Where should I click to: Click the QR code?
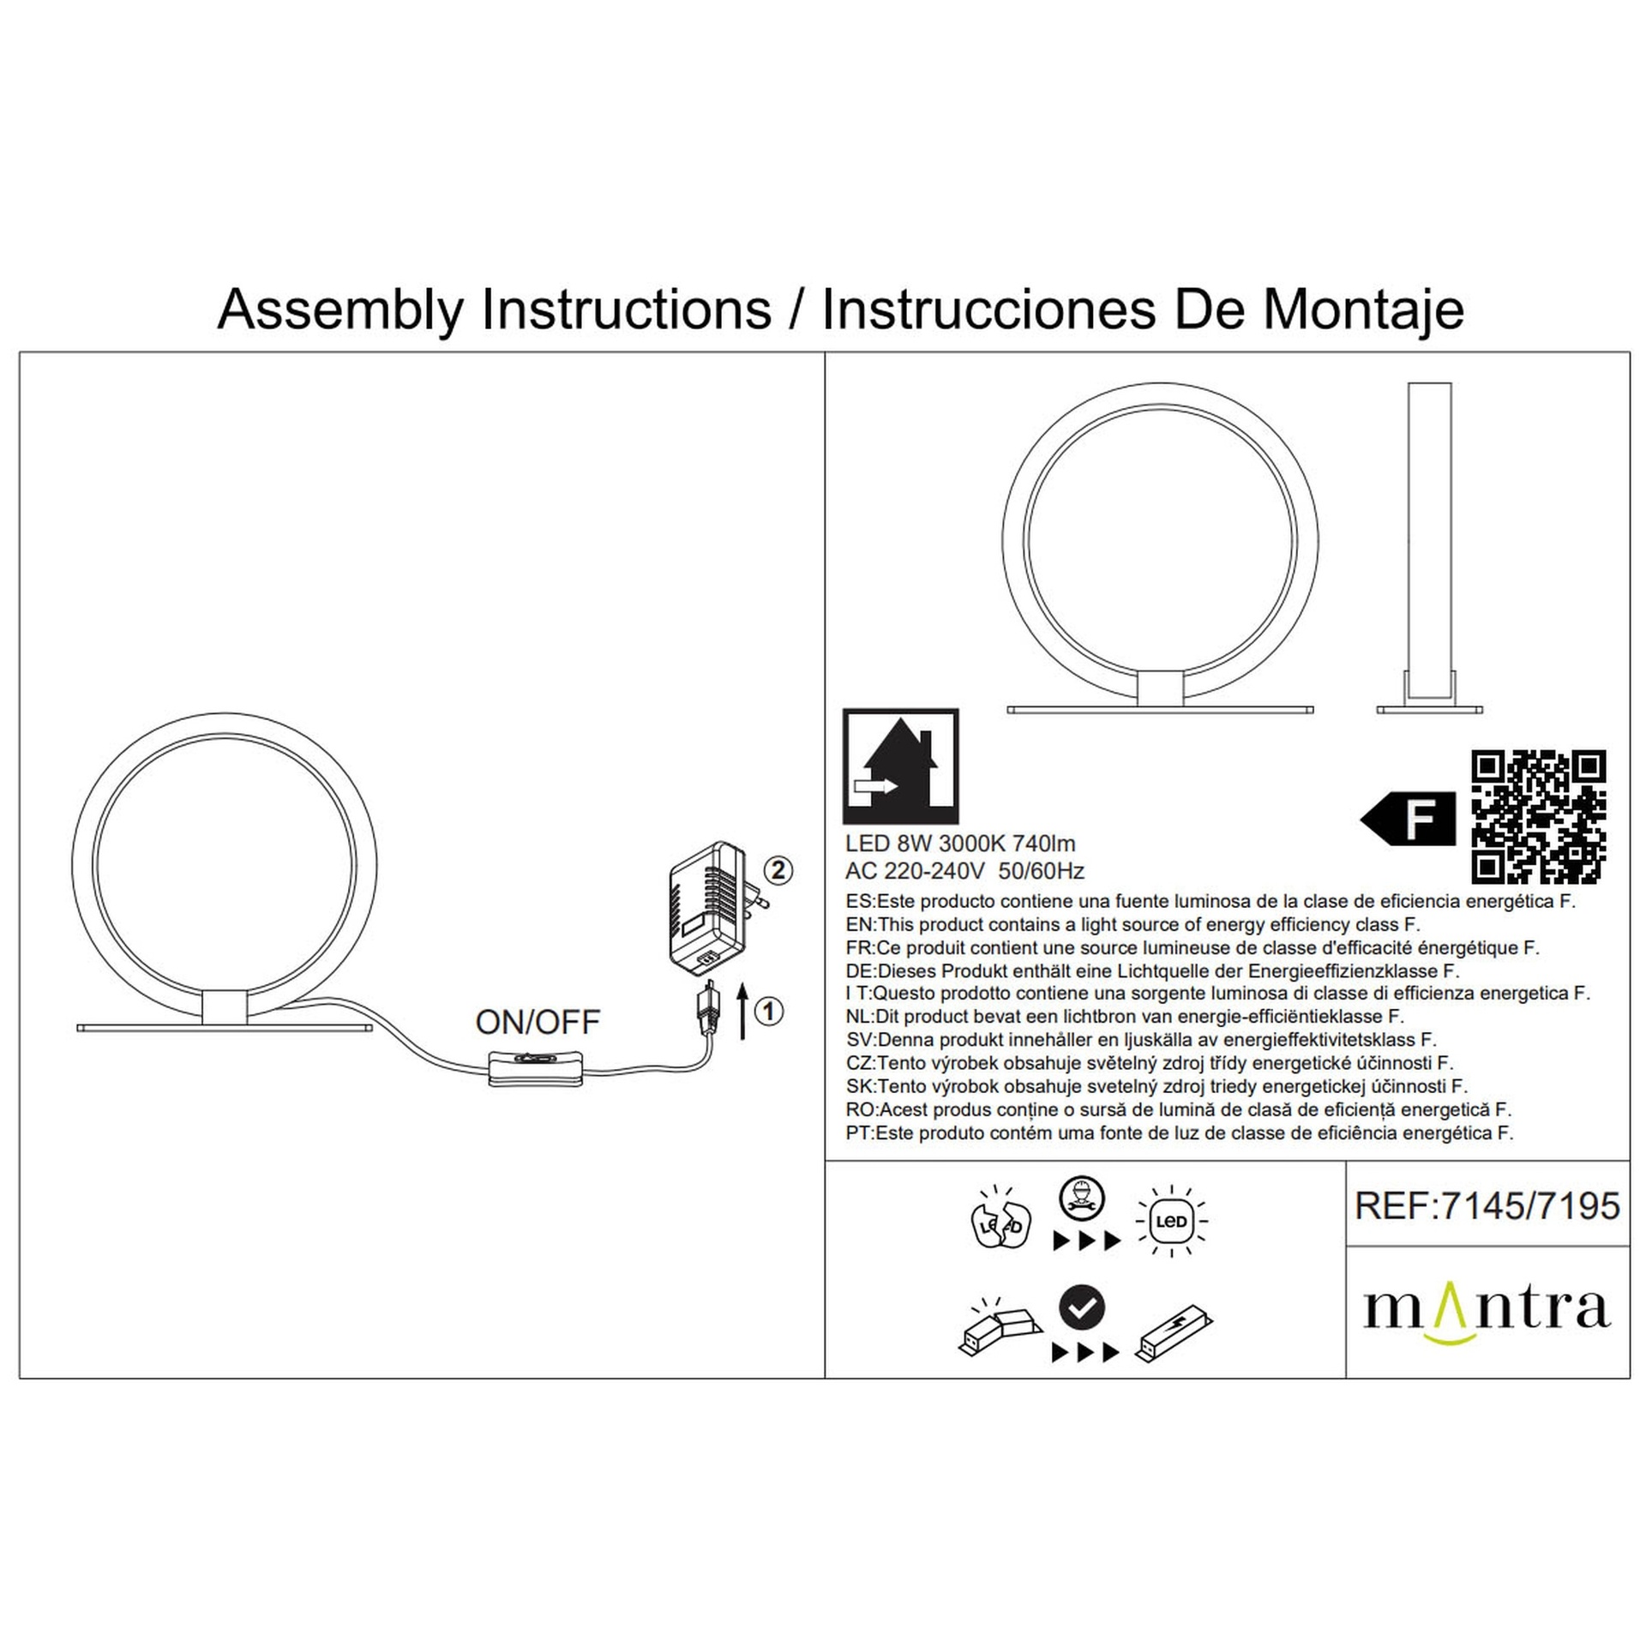point(1539,816)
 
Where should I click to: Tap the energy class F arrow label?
point(1409,819)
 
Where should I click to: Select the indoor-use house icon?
point(900,766)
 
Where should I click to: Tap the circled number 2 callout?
point(777,871)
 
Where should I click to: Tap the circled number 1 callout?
point(768,1012)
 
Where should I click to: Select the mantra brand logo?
point(1487,1309)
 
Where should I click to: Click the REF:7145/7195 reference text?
point(1487,1206)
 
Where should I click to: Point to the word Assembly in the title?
point(340,310)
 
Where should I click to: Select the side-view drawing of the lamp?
point(1429,548)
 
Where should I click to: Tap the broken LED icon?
point(1000,1219)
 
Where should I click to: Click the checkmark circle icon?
point(1082,1307)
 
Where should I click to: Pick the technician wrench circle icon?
point(1083,1198)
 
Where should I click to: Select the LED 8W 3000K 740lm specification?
point(960,844)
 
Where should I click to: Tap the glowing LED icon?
point(1171,1221)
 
